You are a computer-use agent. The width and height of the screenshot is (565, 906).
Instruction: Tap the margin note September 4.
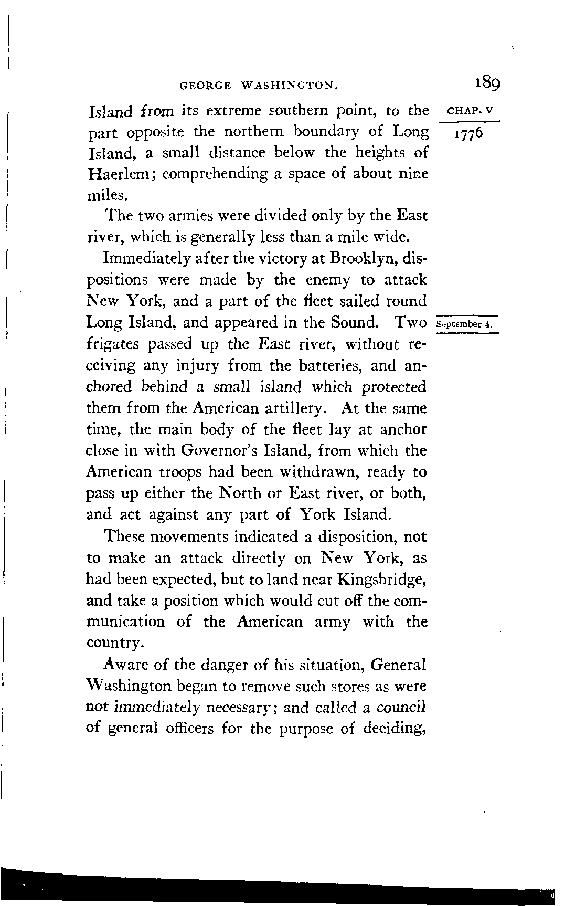(465, 324)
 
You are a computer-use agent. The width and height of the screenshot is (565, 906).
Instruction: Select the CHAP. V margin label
(470, 111)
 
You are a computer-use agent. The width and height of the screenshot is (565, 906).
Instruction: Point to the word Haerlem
(120, 174)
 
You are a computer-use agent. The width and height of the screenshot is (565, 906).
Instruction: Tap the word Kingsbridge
(381, 580)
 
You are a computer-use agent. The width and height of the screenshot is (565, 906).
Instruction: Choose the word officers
(184, 729)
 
